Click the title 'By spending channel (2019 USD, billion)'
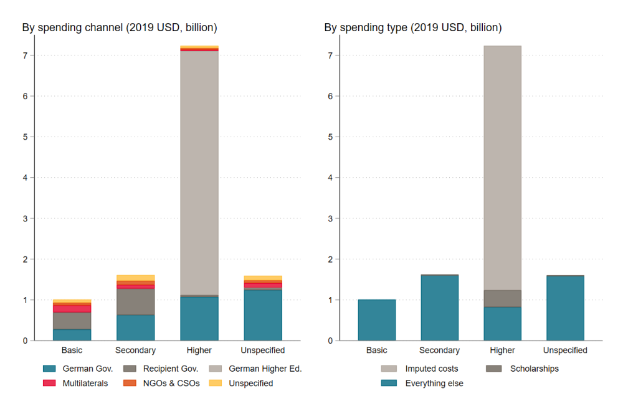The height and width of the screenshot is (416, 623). (120, 27)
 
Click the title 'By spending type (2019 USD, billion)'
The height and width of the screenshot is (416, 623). (412, 27)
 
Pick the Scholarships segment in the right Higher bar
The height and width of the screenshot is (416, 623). (502, 299)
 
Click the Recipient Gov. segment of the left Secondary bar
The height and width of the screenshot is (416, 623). (136, 302)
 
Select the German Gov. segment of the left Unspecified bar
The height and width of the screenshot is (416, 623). (263, 315)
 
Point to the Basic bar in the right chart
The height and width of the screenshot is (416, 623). (376, 320)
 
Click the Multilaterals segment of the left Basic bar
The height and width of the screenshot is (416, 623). (73, 309)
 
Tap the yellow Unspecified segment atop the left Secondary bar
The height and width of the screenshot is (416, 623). (136, 278)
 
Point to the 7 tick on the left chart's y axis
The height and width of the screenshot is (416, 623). (24, 56)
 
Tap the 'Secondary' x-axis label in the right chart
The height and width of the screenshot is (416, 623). (439, 351)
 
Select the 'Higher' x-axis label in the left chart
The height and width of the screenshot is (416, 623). (199, 351)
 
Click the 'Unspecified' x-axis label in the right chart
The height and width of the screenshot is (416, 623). (565, 351)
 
